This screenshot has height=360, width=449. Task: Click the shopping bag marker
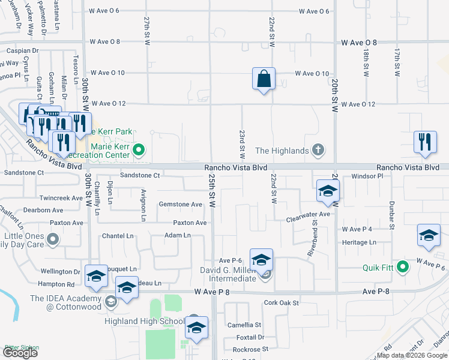pos(264,79)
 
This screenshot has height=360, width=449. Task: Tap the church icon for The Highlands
pos(318,150)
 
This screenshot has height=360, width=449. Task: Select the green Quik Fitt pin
pos(404,267)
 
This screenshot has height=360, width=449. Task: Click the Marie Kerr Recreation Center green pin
pos(139,150)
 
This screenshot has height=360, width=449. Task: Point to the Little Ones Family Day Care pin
pos(53,240)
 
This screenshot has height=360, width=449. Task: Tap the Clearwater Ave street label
pos(308,214)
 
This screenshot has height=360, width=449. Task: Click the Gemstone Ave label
pos(180,205)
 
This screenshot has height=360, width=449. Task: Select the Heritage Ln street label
pos(358,242)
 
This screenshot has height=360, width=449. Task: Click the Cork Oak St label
pos(281,303)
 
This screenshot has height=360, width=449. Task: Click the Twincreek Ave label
pos(60,198)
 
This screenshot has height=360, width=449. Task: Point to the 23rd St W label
pos(243,142)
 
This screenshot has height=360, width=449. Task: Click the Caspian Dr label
pos(22,52)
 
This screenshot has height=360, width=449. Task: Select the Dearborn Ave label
pos(43,211)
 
